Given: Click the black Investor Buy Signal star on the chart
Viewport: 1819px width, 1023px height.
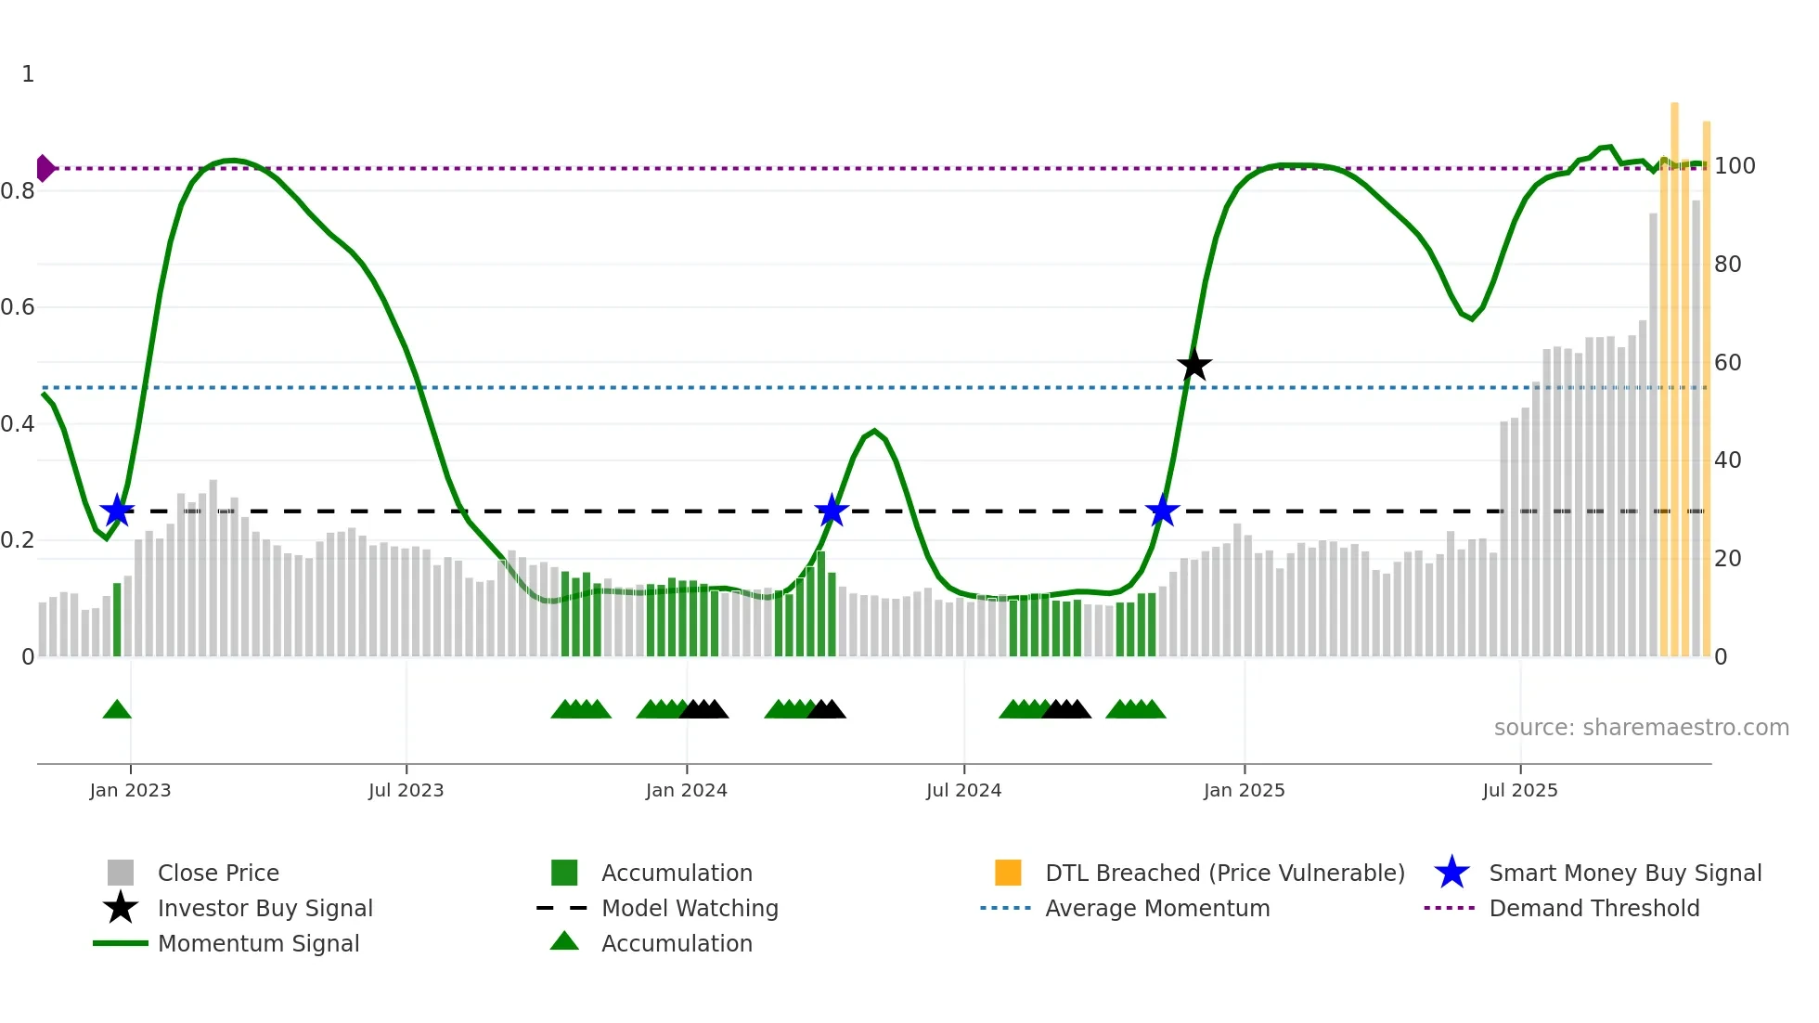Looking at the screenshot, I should coord(1194,365).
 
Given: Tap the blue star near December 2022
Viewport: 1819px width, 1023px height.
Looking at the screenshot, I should coord(117,511).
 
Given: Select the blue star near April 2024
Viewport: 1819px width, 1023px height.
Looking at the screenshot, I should coord(832,511).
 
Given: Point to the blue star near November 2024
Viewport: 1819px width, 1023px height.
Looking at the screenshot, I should coord(1162,511).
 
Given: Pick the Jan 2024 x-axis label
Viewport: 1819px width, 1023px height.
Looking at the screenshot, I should coord(686,791).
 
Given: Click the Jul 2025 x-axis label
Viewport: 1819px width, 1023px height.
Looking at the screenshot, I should coord(1519,791).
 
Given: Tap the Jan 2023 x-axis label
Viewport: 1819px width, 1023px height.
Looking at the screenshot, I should coord(130,791).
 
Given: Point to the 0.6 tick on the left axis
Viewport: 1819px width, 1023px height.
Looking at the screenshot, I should coord(18,307).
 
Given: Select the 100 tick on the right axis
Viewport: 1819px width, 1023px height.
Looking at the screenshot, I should coord(1734,166).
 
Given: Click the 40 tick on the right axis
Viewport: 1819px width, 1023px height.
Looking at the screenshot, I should coord(1727,460).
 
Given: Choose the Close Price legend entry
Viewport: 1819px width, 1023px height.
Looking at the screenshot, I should coord(218,874).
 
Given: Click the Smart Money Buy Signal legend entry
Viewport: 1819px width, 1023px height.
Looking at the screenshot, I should coord(1624,874).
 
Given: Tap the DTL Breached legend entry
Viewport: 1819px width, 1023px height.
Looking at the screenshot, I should coord(1224,874).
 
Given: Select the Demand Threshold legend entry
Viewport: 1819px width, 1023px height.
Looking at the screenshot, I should coord(1593,909).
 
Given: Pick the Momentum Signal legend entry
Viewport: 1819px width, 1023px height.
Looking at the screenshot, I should coord(258,944).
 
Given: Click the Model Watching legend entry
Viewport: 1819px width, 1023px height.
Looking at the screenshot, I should coord(690,909).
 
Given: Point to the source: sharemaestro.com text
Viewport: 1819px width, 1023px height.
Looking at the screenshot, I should coord(1641,728).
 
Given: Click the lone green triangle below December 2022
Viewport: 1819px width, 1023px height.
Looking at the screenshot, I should coord(117,710).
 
